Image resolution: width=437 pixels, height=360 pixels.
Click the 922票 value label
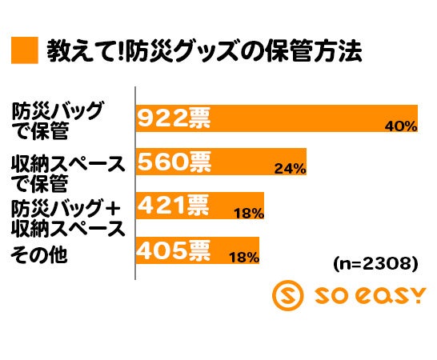(x=174, y=119)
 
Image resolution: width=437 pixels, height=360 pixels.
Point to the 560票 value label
(x=174, y=163)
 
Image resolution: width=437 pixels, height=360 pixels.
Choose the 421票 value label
(x=174, y=207)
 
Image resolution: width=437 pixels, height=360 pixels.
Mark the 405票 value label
(x=174, y=251)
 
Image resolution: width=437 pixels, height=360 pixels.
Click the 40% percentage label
(x=401, y=126)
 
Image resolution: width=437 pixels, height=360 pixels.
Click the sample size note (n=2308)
(x=375, y=263)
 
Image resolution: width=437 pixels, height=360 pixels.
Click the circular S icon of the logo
(x=289, y=296)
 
